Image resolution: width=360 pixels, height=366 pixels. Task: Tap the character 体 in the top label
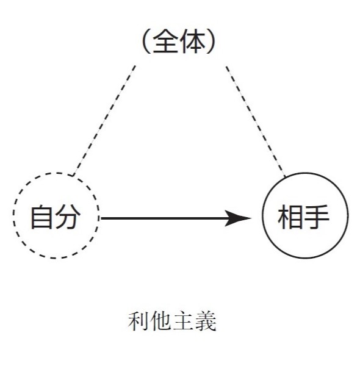pyautogui.click(x=193, y=41)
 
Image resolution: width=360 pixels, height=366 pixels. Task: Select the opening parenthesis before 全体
pyautogui.click(x=146, y=41)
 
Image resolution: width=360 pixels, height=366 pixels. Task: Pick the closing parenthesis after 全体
pyautogui.click(x=211, y=41)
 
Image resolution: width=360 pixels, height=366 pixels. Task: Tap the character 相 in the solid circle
pyautogui.click(x=290, y=217)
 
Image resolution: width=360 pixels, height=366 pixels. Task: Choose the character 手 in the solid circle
pyautogui.click(x=316, y=217)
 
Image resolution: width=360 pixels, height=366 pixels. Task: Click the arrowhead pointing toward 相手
pyautogui.click(x=238, y=218)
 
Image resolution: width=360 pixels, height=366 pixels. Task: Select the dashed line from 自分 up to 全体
pyautogui.click(x=104, y=120)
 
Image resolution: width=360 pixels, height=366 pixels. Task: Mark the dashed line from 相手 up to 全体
pyautogui.click(x=256, y=121)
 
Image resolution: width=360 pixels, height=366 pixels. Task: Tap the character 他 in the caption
pyautogui.click(x=160, y=321)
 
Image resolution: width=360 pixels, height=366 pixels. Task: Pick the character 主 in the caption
pyautogui.click(x=183, y=321)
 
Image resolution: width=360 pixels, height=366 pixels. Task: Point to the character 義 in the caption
pyautogui.click(x=206, y=321)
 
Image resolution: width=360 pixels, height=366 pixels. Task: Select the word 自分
pyautogui.click(x=56, y=217)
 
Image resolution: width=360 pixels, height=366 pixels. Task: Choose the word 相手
pyautogui.click(x=303, y=217)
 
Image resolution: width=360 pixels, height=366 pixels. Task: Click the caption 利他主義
pyautogui.click(x=172, y=321)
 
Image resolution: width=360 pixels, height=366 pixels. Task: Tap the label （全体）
pyautogui.click(x=179, y=41)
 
